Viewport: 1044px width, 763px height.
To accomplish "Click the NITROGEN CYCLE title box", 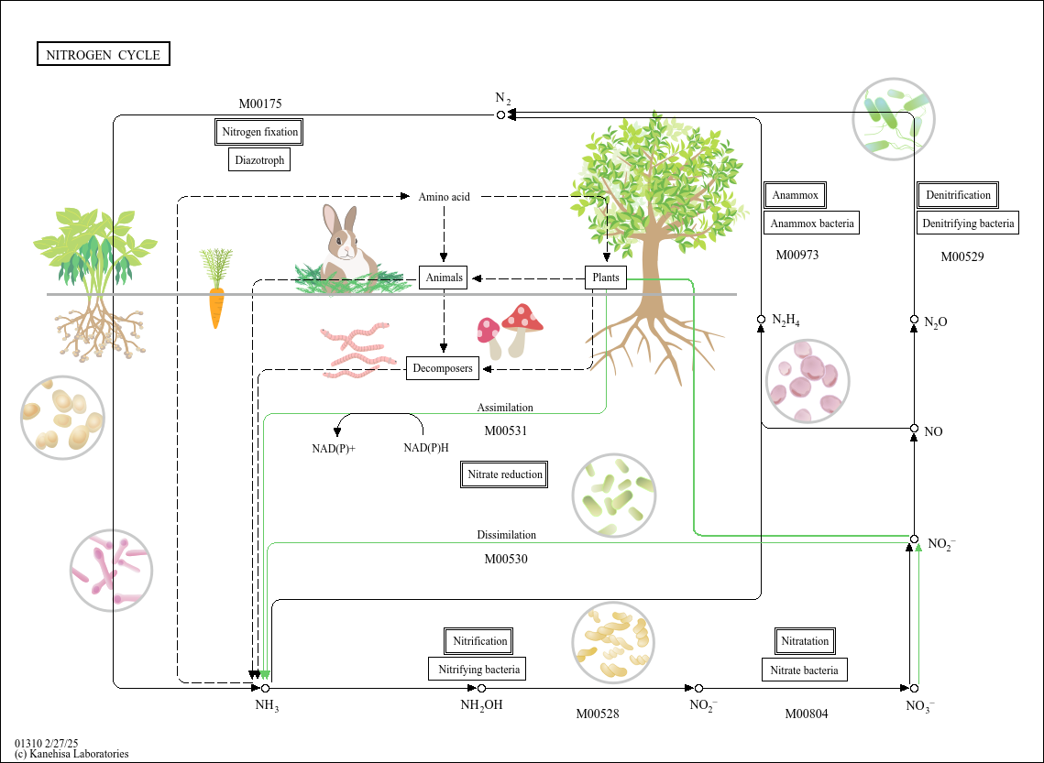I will pyautogui.click(x=103, y=55).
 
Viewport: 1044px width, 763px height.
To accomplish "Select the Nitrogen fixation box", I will pyautogui.click(x=259, y=132).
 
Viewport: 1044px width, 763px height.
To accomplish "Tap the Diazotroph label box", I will pyautogui.click(x=259, y=160).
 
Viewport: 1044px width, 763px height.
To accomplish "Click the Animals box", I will pyautogui.click(x=443, y=278).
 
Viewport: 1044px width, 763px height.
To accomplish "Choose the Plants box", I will pyautogui.click(x=606, y=278).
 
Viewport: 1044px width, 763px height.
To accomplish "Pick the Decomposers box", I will pyautogui.click(x=443, y=368).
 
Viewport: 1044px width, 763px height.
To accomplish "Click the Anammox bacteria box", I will pyautogui.click(x=811, y=223).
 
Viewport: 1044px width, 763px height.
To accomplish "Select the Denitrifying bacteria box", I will pyautogui.click(x=968, y=223).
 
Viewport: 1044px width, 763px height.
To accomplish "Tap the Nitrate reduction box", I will pyautogui.click(x=504, y=474).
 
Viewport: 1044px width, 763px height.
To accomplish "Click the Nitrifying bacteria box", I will pyautogui.click(x=478, y=670).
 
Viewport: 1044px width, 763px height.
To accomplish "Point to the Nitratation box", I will pyautogui.click(x=805, y=641).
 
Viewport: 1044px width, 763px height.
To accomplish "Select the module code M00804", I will pyautogui.click(x=806, y=714).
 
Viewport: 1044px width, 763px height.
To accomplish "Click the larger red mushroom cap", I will pyautogui.click(x=522, y=317).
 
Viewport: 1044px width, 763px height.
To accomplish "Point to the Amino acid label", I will pyautogui.click(x=444, y=196).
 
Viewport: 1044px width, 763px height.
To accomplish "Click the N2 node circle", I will pyautogui.click(x=500, y=114).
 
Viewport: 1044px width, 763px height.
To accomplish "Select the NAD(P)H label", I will pyautogui.click(x=426, y=448).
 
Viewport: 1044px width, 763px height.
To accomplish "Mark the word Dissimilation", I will pyautogui.click(x=506, y=535).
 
